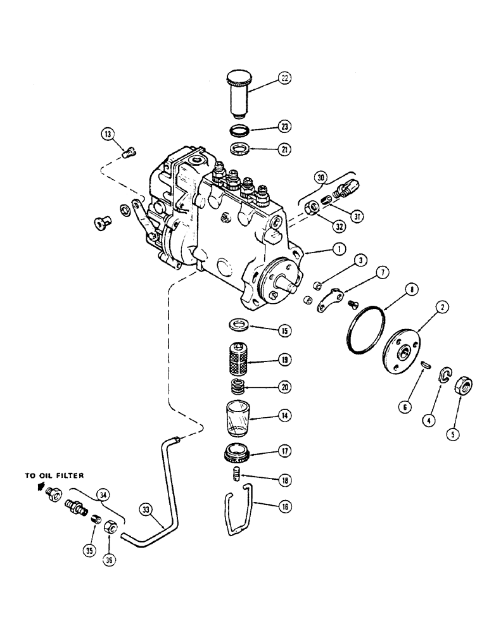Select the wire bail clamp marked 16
(241, 513)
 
